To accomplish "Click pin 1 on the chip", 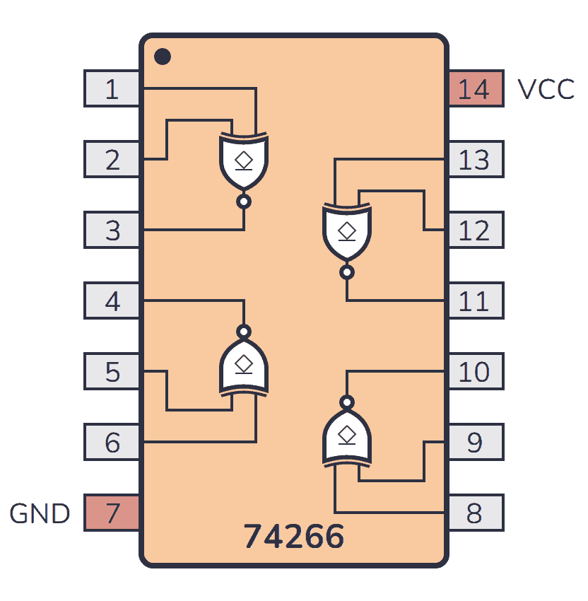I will click(x=112, y=89).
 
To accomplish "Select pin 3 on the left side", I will click(x=112, y=231).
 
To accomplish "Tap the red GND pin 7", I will click(x=112, y=513).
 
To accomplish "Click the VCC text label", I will click(x=546, y=90).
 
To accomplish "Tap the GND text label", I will click(x=40, y=513).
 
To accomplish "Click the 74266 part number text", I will click(x=294, y=537).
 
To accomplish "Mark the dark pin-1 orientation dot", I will click(x=163, y=56).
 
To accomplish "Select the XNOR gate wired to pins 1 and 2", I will click(x=244, y=161).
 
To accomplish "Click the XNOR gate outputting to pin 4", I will click(x=244, y=365).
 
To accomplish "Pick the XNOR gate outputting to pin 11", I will click(x=346, y=232).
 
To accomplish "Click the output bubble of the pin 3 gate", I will click(x=244, y=202).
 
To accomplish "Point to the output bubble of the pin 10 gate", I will click(x=346, y=402).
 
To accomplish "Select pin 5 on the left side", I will click(x=112, y=372).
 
